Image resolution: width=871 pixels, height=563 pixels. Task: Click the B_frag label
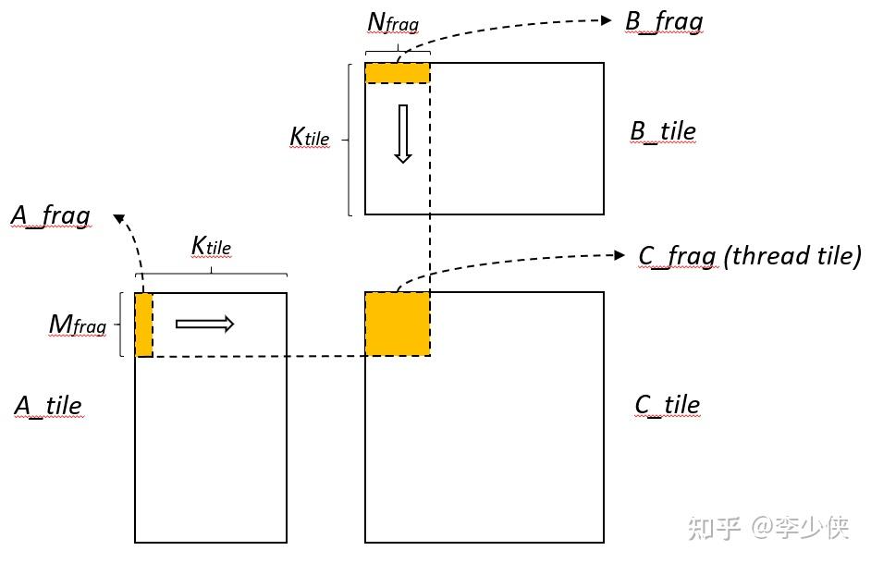(x=664, y=21)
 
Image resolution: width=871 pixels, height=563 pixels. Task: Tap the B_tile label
(x=662, y=131)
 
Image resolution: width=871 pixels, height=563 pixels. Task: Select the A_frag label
(x=51, y=216)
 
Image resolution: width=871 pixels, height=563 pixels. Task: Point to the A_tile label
(x=48, y=405)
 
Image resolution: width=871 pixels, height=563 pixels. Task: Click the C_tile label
(x=667, y=405)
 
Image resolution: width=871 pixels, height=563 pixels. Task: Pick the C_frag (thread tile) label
(x=749, y=255)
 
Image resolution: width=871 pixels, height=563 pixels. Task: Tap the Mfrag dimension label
(x=78, y=324)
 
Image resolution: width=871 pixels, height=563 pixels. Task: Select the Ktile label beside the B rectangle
(x=310, y=138)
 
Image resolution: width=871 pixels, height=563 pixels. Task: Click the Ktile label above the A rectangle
(x=211, y=247)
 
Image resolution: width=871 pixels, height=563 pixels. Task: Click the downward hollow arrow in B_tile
(x=402, y=134)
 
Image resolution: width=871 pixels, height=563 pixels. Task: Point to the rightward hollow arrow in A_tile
(x=204, y=324)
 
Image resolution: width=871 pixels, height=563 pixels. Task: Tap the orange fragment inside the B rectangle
(x=398, y=73)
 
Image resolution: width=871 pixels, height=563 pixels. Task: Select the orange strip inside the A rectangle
(x=144, y=324)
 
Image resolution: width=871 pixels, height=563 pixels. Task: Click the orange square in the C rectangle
(x=398, y=324)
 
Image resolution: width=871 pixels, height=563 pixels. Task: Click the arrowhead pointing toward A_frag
(x=118, y=218)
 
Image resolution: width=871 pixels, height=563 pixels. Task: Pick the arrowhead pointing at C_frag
(x=620, y=254)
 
